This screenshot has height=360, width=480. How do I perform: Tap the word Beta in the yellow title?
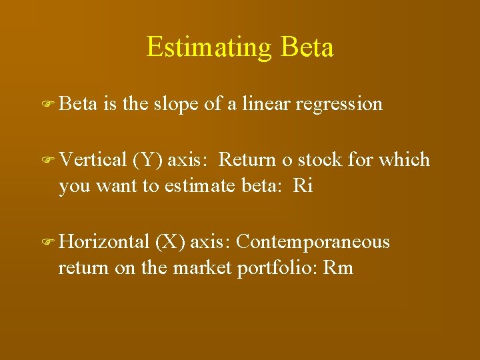tap(307, 47)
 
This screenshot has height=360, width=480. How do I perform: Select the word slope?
tap(179, 104)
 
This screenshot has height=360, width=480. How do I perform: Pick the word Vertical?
tap(93, 160)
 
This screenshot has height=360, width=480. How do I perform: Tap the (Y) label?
tap(147, 161)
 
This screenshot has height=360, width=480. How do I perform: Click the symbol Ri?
tap(303, 185)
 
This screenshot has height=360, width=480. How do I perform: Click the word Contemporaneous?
tap(313, 242)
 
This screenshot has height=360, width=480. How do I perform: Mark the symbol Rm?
tap(338, 268)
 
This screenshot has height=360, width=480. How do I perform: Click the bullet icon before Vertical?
tap(49, 160)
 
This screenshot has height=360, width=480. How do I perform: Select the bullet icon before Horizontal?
tap(49, 242)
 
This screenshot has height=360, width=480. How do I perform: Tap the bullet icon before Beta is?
tap(49, 105)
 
